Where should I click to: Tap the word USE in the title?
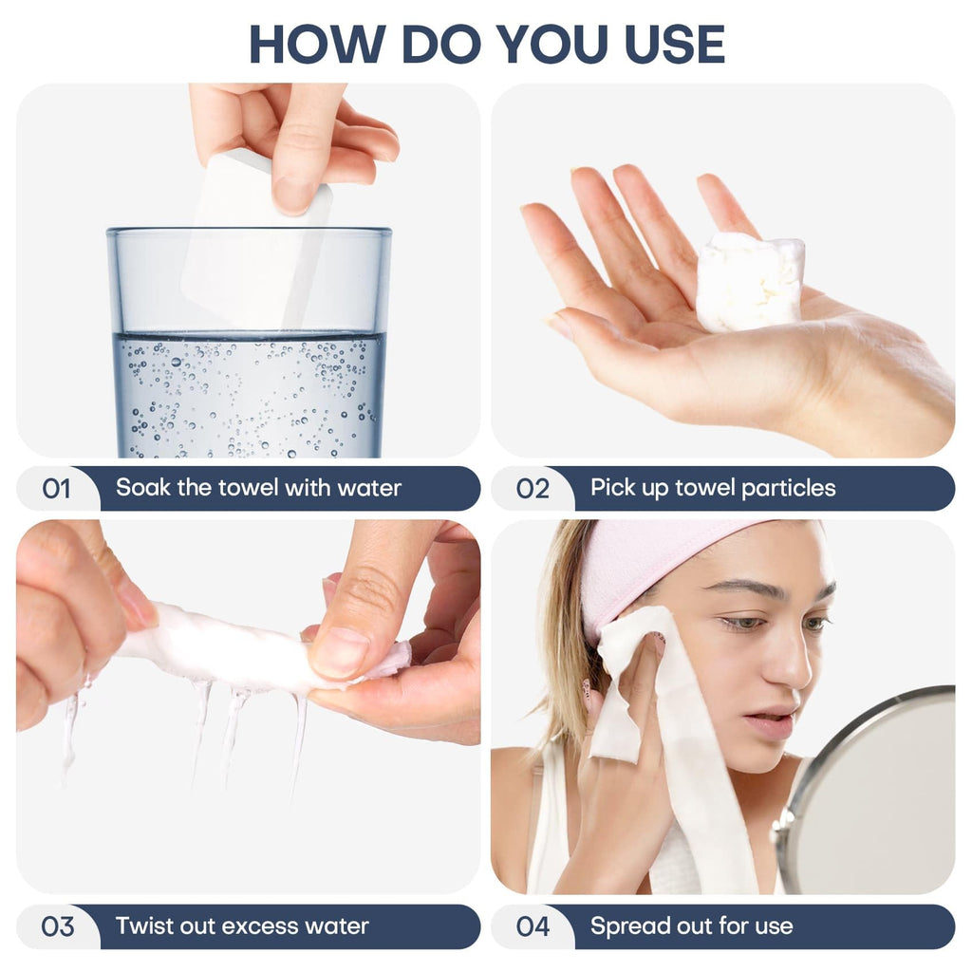pos(675,44)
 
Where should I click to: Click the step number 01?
pos(56,489)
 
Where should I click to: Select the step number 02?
pos(533,489)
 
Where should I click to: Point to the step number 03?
pos(58,926)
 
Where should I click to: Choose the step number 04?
pos(533,926)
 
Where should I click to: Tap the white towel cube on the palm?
pos(750,282)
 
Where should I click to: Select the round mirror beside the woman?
pos(868,791)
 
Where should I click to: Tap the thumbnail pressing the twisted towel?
pos(339,652)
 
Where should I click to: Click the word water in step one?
pos(369,489)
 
